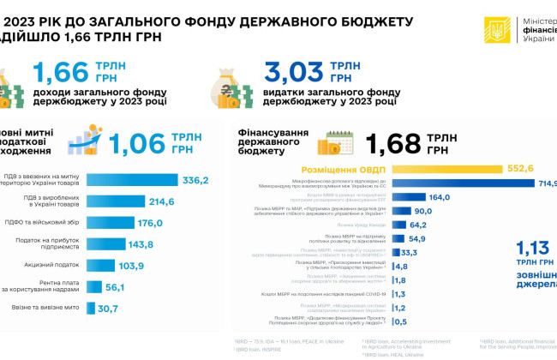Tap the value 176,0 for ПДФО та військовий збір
(x=150, y=223)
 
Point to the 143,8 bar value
(x=129, y=244)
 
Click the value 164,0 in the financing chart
(x=440, y=197)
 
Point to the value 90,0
(x=423, y=211)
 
